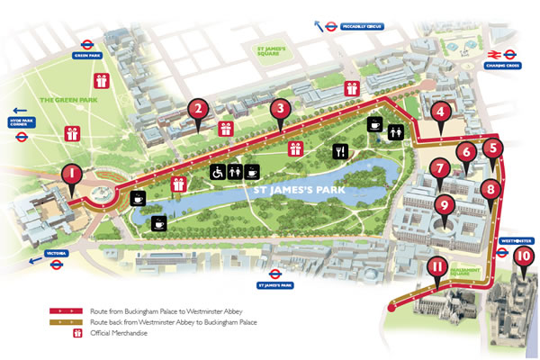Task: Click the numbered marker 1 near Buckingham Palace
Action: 70,174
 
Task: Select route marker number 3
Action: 282,110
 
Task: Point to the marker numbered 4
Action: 440,112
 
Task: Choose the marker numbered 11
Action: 436,266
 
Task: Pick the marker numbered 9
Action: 442,204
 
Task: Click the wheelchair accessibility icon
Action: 217,169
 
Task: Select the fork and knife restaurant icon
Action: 340,150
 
